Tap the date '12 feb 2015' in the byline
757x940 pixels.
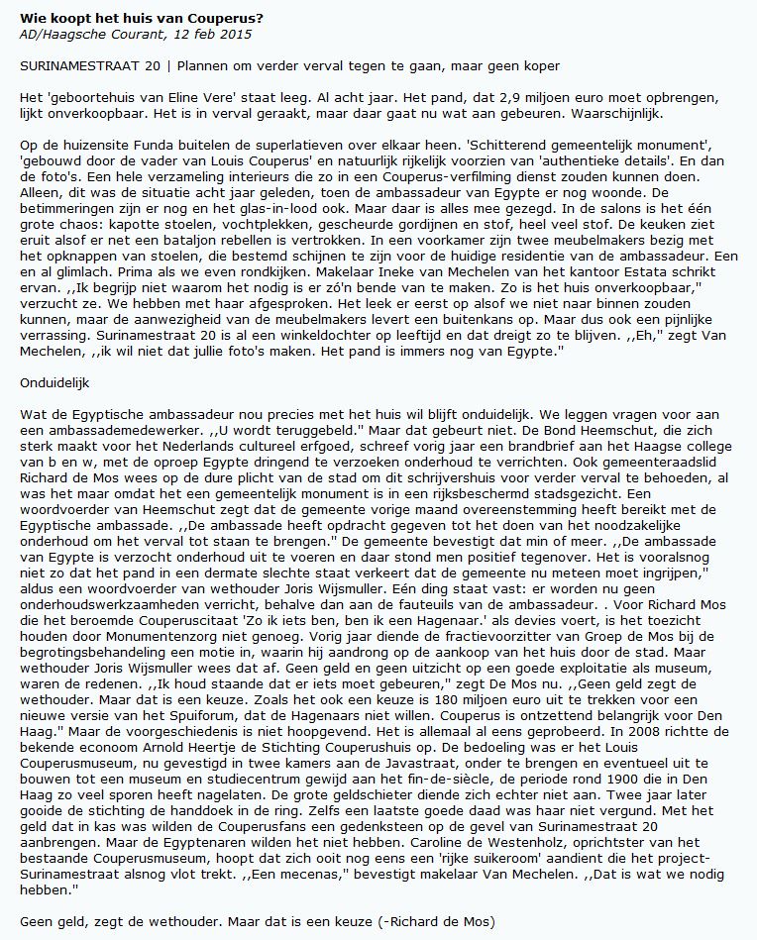point(215,35)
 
